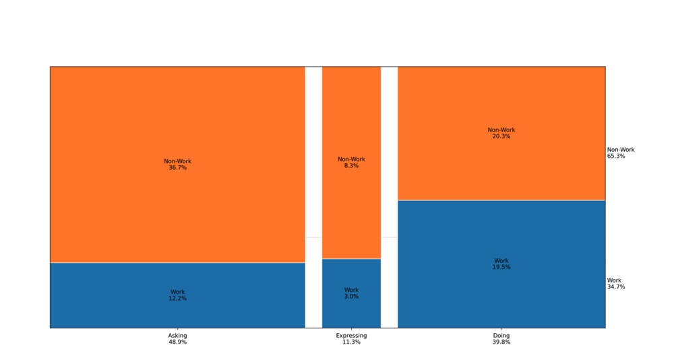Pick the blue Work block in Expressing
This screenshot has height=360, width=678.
click(351, 310)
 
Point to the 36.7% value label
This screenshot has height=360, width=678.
click(177, 168)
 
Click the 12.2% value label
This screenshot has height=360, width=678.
click(177, 299)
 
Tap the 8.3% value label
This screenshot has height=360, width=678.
click(351, 166)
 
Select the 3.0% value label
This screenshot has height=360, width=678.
click(351, 297)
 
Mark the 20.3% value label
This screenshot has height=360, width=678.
click(501, 136)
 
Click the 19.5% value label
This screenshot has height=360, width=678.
click(501, 267)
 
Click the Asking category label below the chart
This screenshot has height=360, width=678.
click(177, 335)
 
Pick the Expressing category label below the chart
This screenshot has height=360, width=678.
click(351, 335)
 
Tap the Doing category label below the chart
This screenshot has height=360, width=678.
click(501, 335)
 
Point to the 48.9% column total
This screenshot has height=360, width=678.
click(177, 342)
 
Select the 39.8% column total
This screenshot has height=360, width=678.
click(501, 342)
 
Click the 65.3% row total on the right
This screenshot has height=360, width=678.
click(616, 156)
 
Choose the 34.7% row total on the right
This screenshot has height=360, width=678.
click(616, 287)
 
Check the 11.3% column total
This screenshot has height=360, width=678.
click(351, 342)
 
